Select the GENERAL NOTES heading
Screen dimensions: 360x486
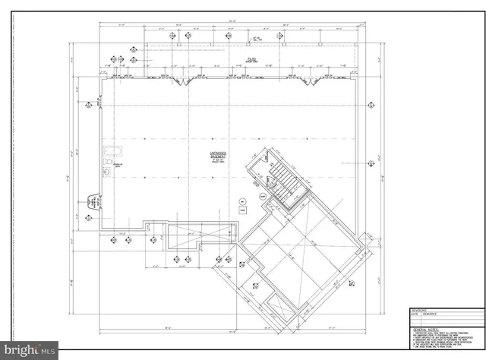click(x=421, y=324)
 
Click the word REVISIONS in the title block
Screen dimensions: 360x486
click(x=419, y=309)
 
